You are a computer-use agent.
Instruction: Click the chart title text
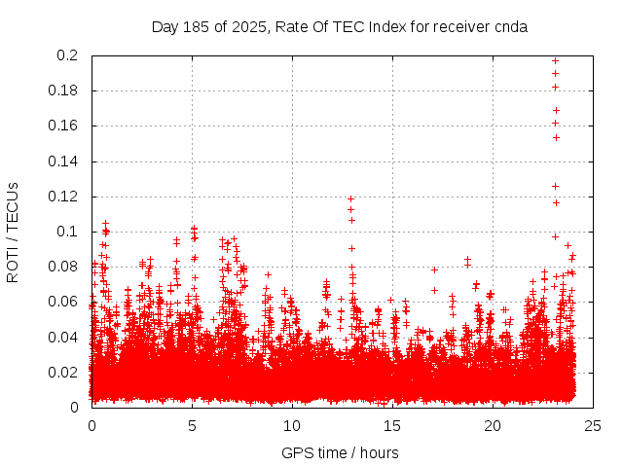click(340, 27)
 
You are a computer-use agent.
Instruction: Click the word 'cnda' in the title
click(510, 27)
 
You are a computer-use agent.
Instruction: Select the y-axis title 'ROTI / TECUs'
click(13, 232)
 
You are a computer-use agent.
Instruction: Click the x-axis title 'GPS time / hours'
click(340, 452)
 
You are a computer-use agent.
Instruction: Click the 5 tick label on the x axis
click(192, 425)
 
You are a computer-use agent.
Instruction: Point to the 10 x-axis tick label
click(292, 425)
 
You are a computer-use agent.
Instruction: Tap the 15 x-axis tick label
click(392, 425)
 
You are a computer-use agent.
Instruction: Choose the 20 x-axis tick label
click(493, 425)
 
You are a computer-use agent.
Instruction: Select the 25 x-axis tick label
click(593, 425)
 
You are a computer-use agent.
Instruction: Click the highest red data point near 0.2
click(555, 60)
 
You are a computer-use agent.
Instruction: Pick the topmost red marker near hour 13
click(350, 199)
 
